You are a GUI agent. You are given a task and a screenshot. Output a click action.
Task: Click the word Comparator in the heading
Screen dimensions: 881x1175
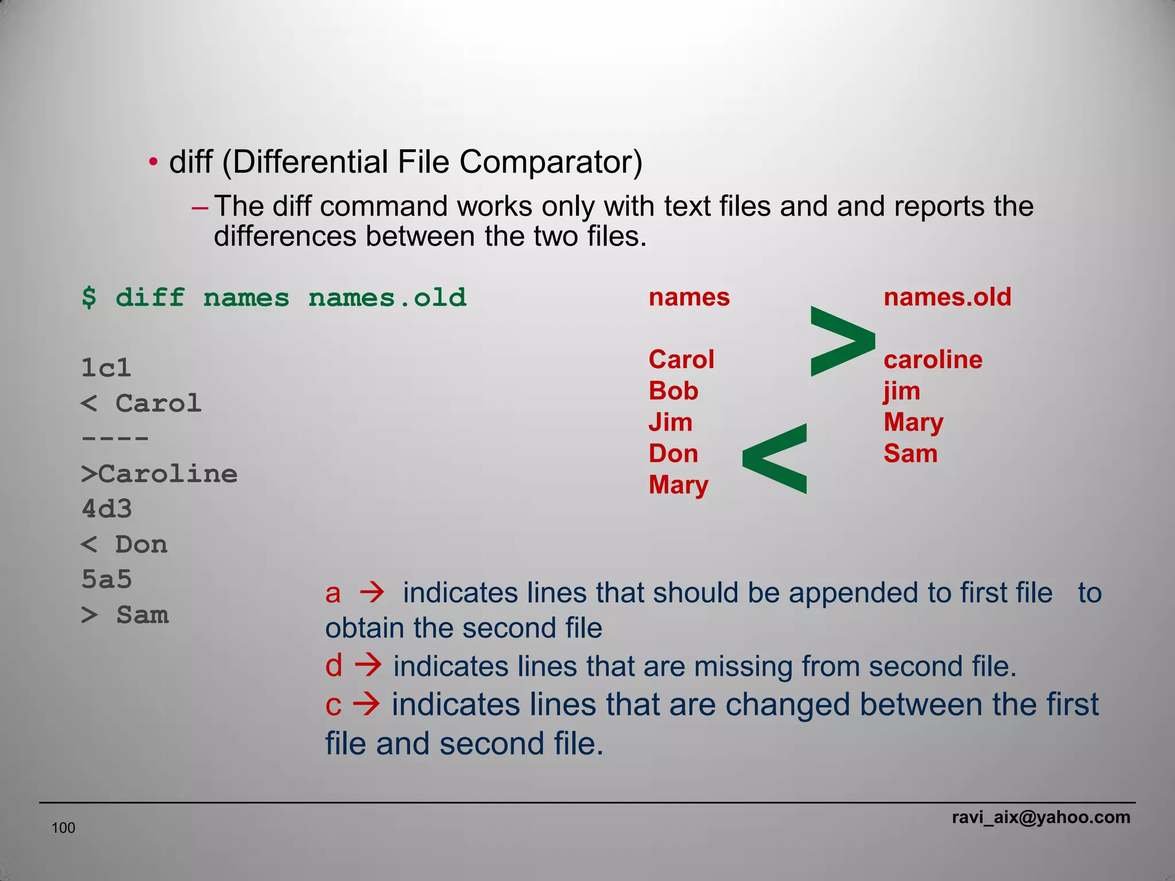[x=550, y=162]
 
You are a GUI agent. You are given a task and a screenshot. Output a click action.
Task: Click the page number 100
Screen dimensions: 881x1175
[x=63, y=828]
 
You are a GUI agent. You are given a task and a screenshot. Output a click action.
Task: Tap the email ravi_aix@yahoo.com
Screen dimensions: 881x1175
[x=1041, y=817]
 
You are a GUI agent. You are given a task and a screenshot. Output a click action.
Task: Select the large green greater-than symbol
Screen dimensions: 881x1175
[x=842, y=342]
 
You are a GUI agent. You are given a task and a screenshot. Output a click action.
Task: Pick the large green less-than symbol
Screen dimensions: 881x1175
[x=775, y=459]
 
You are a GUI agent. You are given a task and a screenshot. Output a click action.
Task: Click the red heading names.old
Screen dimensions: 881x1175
[x=947, y=297]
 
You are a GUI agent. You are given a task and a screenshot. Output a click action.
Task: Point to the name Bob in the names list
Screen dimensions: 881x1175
[x=673, y=391]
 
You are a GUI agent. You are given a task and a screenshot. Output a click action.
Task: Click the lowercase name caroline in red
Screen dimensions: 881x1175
[x=933, y=360]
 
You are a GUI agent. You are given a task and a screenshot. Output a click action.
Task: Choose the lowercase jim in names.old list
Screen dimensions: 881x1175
[x=901, y=391]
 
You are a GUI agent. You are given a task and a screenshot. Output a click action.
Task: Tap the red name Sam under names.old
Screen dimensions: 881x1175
[x=911, y=454]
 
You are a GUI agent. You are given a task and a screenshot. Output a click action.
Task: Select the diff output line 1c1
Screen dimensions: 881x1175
[x=106, y=368]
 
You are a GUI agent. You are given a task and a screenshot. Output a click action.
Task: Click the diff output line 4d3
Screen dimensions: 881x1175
[x=107, y=509]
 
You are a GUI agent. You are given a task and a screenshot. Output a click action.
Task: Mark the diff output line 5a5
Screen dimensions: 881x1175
[x=107, y=579]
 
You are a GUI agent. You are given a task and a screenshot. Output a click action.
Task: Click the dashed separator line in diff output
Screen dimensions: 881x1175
[x=115, y=439]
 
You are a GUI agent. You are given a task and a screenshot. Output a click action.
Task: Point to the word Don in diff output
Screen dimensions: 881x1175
[x=141, y=544]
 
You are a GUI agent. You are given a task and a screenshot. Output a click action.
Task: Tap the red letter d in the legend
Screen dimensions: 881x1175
[x=333, y=666]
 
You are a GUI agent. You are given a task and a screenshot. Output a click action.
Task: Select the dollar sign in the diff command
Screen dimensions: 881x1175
[x=89, y=298]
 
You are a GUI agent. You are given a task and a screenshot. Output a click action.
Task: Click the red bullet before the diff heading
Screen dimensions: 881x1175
[x=153, y=162]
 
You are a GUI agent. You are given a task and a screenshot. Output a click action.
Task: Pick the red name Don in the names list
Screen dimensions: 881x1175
[x=673, y=454]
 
